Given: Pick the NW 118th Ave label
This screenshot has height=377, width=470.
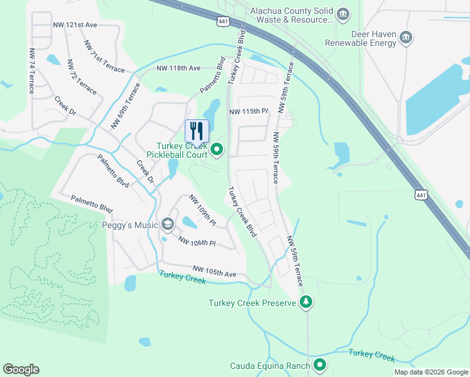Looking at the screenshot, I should click(x=178, y=68).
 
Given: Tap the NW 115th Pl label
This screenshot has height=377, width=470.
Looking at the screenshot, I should click(x=249, y=111).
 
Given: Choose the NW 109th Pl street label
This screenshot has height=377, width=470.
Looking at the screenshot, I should click(x=202, y=210).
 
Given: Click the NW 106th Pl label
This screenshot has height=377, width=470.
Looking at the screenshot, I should click(x=197, y=241).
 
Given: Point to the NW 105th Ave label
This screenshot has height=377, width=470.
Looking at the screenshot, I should click(x=214, y=271).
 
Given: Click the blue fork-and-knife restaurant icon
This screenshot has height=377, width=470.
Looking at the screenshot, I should click(x=197, y=131).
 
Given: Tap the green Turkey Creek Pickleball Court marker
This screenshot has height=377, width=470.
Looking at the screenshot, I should click(x=217, y=149).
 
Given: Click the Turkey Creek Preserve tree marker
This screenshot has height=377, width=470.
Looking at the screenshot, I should click(x=306, y=303).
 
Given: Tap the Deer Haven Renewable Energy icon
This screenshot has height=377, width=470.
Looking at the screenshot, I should click(x=406, y=38).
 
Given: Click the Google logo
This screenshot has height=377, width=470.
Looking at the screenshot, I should click(x=21, y=369).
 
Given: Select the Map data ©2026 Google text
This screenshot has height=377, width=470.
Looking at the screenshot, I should click(x=430, y=372).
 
